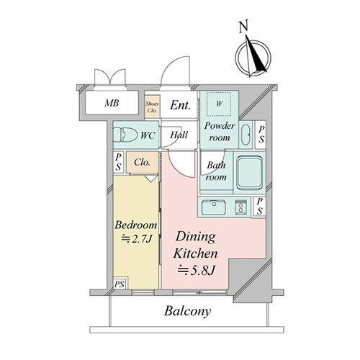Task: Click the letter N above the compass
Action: point(244,27)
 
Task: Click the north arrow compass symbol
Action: point(253,57)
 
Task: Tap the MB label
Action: point(112,103)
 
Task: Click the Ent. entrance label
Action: point(180,105)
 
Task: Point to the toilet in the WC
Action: point(125,135)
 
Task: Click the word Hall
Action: point(179,135)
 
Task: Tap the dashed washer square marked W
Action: point(219,104)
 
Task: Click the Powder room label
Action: point(220,132)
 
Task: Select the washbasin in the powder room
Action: point(246,135)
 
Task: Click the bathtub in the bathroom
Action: point(250,172)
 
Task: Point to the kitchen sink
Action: point(214,207)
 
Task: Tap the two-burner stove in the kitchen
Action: point(240,207)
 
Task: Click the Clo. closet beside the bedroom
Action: point(143,162)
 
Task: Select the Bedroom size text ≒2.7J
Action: point(137,239)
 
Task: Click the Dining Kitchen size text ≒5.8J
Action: point(196,271)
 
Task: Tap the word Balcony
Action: point(188,311)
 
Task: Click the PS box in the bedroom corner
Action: point(120,283)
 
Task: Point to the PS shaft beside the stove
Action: point(260,206)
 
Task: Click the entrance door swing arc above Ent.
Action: point(171,63)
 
